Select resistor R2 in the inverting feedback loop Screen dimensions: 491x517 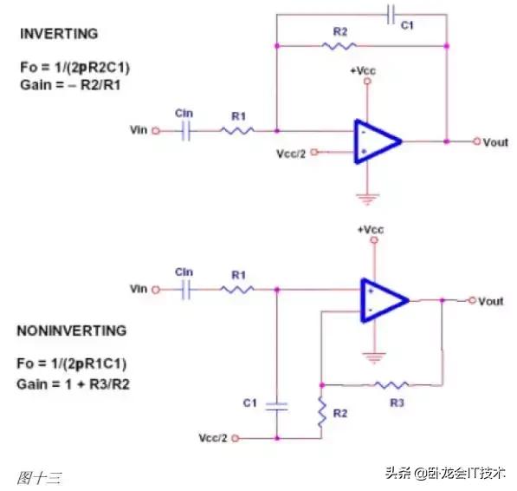point(339,44)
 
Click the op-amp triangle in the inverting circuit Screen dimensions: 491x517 point(376,141)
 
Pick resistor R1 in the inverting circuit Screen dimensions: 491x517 point(236,131)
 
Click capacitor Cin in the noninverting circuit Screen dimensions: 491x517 point(184,290)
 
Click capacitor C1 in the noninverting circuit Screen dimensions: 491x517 point(276,405)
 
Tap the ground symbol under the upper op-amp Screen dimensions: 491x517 point(367,200)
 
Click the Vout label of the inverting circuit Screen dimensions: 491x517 point(496,141)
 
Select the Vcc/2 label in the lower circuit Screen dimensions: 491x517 point(216,438)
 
